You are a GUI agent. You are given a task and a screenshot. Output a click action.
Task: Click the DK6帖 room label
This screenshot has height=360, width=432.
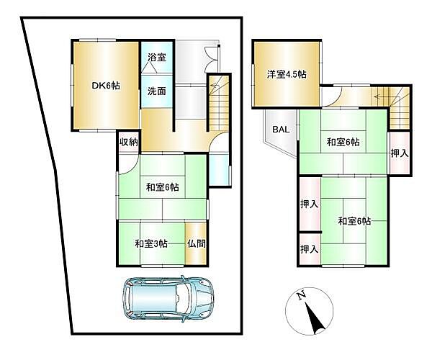point(105,85)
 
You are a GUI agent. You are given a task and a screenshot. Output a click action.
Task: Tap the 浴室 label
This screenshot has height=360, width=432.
point(157,58)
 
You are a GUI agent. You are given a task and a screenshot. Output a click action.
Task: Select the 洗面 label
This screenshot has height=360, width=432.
point(157,91)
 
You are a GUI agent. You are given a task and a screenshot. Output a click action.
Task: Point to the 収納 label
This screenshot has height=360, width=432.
point(128,142)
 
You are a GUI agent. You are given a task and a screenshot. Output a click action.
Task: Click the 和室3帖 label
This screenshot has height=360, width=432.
point(151,243)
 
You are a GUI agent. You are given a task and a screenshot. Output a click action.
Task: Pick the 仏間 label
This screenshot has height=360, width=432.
point(196,243)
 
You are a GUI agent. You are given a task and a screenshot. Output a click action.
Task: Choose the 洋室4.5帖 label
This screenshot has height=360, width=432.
point(287,73)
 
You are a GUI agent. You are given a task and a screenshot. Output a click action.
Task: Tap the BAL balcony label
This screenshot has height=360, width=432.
point(280,130)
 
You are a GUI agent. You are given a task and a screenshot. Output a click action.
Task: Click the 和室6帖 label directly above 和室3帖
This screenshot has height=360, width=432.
point(162,188)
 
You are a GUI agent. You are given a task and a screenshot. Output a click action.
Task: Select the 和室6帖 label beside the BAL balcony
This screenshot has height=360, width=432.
point(341,143)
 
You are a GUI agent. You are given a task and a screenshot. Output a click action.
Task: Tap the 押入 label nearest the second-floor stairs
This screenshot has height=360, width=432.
point(399,153)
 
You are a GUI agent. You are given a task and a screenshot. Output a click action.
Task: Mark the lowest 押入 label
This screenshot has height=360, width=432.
point(309,248)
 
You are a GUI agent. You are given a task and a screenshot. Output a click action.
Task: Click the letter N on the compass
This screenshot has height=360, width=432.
point(301,294)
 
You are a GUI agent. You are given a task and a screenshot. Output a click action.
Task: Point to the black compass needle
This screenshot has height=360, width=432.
point(314,316)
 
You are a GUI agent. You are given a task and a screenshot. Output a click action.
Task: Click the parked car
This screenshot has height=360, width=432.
point(168,297)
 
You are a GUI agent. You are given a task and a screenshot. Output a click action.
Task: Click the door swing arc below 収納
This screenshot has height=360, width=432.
point(125,163)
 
